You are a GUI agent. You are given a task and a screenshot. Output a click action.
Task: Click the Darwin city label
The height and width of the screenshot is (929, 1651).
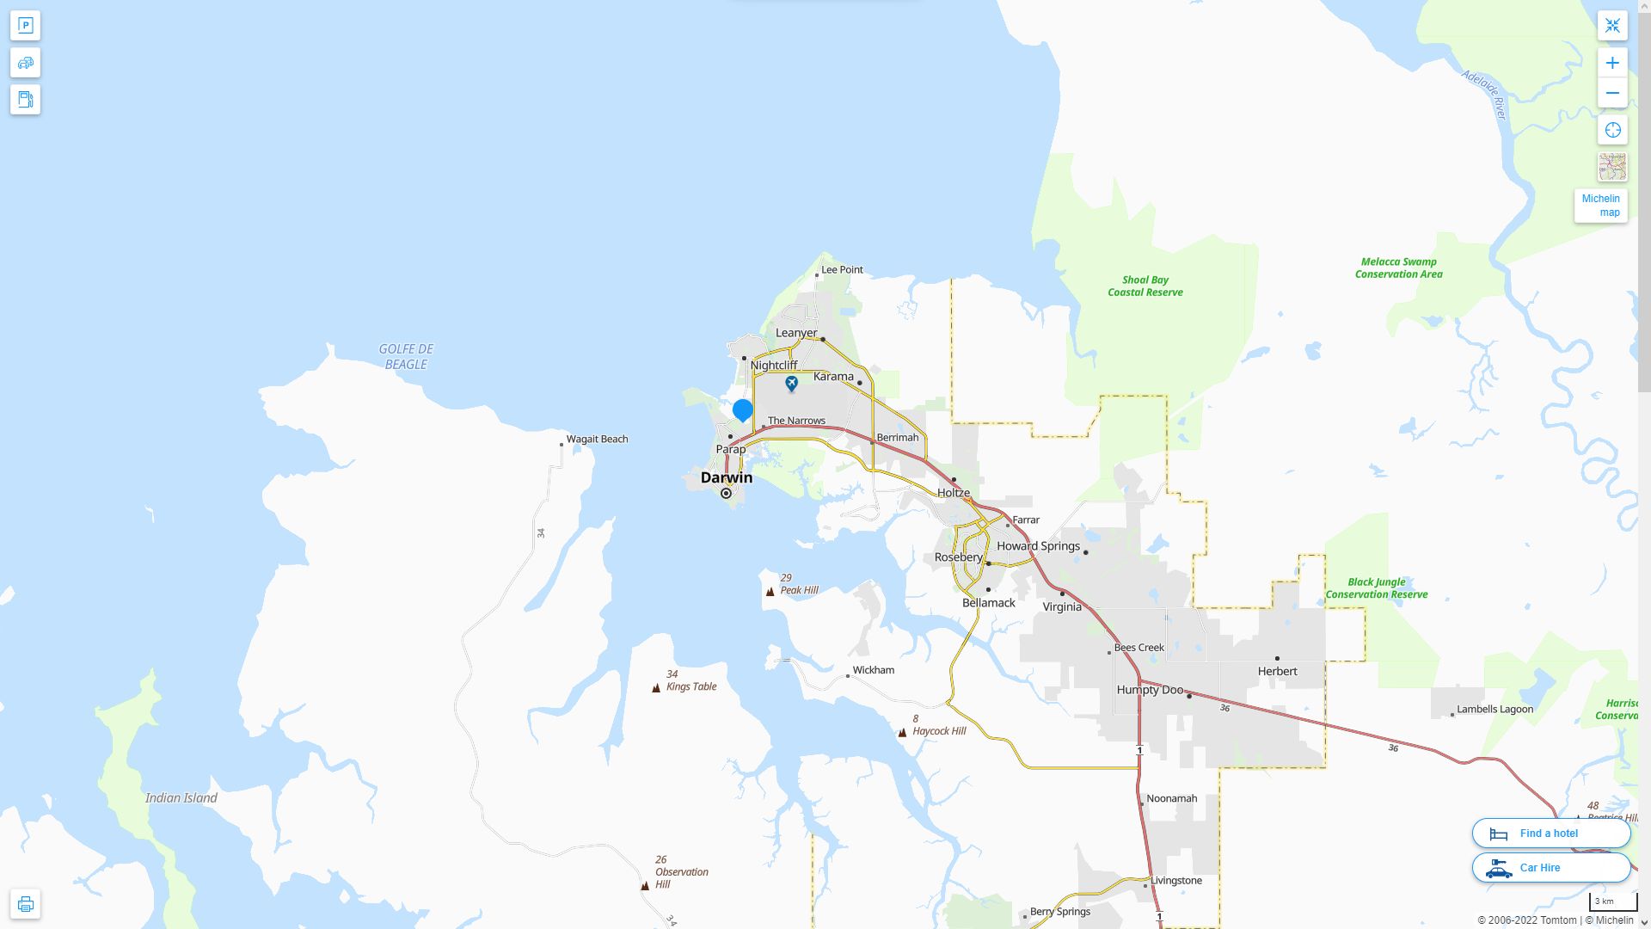tap(726, 477)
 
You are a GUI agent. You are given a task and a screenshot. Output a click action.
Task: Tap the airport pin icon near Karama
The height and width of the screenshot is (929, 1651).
tap(791, 383)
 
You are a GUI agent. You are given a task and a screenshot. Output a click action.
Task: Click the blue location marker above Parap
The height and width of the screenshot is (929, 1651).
tap(742, 409)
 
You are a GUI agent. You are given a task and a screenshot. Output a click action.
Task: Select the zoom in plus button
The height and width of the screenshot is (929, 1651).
tap(1612, 63)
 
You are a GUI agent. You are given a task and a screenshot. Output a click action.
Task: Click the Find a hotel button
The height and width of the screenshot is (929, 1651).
tap(1550, 834)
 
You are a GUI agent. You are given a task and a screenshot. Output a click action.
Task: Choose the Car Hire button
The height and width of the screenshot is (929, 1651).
tap(1550, 868)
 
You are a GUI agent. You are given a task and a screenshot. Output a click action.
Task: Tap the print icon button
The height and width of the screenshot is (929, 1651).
tap(25, 904)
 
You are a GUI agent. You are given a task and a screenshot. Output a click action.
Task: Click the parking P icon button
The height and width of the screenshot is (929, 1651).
tap(25, 26)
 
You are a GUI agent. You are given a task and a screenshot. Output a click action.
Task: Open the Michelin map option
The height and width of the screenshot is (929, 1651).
tap(1600, 206)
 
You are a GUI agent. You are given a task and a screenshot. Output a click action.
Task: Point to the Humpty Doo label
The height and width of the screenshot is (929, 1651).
tap(1150, 690)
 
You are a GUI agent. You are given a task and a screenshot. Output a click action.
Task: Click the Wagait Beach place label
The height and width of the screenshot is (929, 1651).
tap(597, 440)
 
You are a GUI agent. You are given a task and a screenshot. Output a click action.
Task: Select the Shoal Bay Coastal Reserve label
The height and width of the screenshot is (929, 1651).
tap(1145, 286)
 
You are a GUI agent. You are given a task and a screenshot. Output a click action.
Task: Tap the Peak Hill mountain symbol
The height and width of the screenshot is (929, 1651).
tap(770, 591)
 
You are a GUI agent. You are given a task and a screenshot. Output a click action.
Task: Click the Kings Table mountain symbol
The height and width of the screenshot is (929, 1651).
tap(656, 687)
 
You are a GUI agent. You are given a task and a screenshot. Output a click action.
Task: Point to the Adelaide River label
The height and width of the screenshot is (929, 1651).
tap(1485, 95)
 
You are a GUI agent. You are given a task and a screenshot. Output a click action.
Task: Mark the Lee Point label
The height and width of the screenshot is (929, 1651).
tap(842, 270)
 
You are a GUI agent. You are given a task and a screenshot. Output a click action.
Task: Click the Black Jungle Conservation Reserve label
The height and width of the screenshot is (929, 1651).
tap(1376, 588)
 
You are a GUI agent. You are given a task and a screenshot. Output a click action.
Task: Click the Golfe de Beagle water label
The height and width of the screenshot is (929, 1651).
tap(406, 357)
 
